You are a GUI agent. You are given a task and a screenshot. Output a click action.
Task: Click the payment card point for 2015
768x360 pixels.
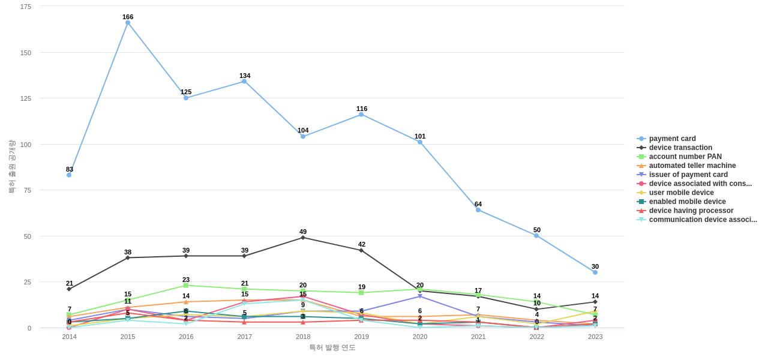pos(128,23)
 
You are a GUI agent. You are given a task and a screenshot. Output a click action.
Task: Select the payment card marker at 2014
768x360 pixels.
pos(69,175)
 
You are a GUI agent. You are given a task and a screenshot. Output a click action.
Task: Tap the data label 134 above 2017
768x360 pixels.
pos(245,76)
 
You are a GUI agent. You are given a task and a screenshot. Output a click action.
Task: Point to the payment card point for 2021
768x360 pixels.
pos(478,210)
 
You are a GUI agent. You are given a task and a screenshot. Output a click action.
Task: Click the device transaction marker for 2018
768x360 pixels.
pos(303,238)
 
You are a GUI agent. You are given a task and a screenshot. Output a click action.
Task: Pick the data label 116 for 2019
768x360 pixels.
pos(362,109)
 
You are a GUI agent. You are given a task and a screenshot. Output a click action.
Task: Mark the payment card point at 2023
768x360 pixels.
pos(595,272)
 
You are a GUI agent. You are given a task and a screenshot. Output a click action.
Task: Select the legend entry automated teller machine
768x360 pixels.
pos(692,166)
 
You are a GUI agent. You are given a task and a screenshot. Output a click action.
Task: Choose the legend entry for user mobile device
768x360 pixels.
pos(681,193)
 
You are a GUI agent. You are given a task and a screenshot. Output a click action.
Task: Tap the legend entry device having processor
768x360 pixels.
pos(691,211)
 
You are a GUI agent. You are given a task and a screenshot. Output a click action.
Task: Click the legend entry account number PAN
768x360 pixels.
pos(685,157)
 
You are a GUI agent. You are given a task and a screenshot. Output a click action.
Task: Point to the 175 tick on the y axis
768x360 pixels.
pos(26,7)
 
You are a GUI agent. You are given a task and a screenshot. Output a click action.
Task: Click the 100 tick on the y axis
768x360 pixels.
pos(26,145)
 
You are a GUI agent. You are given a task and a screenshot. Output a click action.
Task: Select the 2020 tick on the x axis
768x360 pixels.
pos(420,337)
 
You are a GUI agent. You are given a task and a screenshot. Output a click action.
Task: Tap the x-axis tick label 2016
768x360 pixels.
pos(186,337)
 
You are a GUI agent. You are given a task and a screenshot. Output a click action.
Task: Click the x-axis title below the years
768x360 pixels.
pos(332,347)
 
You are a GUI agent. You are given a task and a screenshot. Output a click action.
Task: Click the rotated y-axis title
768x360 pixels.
pos(11,167)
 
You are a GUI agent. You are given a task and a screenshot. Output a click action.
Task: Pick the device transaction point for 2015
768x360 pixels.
pos(128,258)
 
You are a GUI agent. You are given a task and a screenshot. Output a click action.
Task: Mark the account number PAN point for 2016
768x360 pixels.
pos(186,286)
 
